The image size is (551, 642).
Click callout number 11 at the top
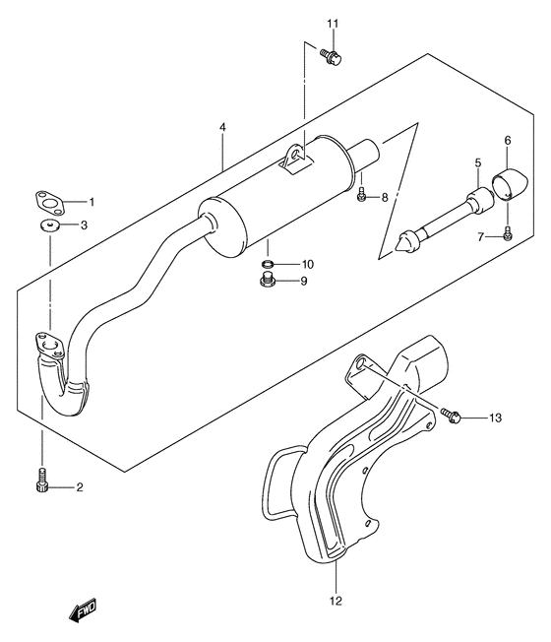click(x=332, y=24)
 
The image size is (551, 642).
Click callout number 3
click(x=84, y=225)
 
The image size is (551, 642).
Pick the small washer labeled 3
click(x=49, y=226)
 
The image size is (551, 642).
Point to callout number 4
click(x=223, y=128)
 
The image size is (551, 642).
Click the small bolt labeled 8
click(x=361, y=197)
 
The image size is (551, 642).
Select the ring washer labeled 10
click(x=268, y=265)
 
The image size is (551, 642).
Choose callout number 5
click(x=477, y=162)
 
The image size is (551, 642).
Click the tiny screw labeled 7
click(x=506, y=233)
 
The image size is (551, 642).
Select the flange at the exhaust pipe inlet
click(x=46, y=344)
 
